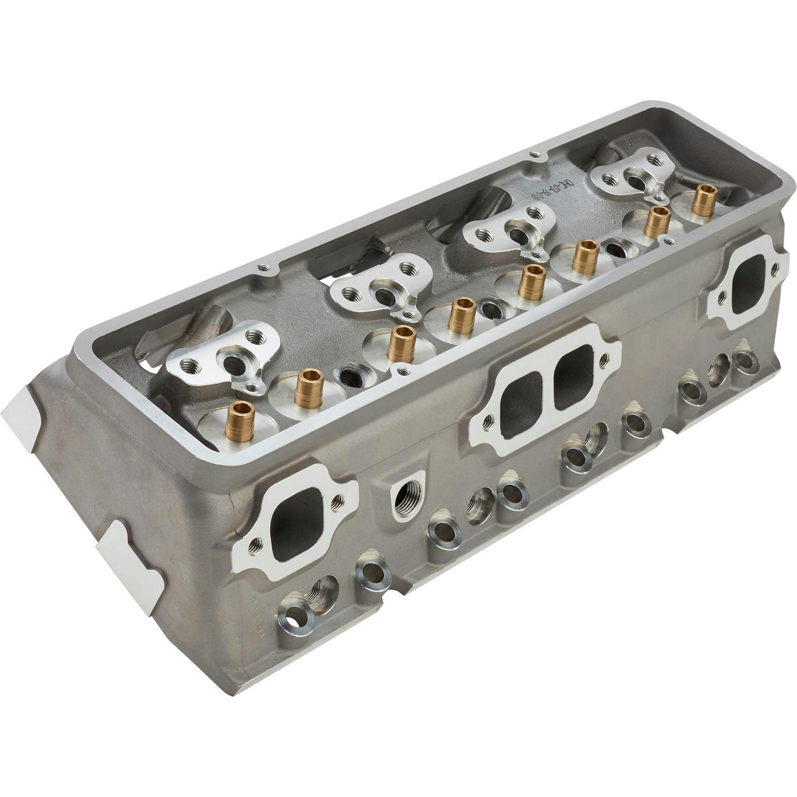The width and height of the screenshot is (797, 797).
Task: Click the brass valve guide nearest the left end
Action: [x=240, y=422]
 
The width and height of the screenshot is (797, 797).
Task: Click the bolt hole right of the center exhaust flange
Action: [x=605, y=358]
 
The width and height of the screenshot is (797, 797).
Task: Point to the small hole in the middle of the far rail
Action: [x=534, y=154]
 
